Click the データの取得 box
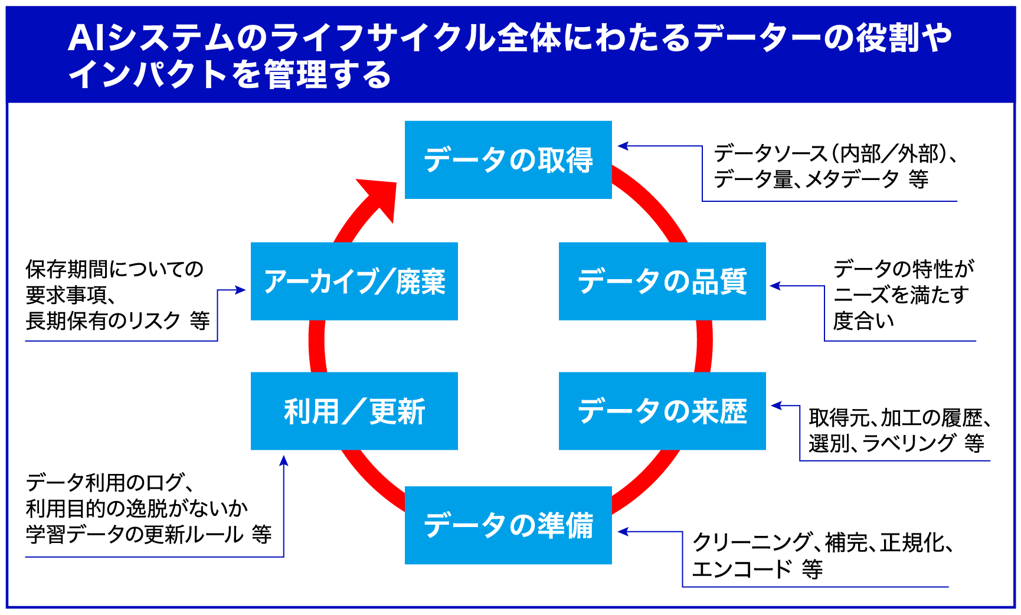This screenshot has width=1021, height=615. click(x=508, y=160)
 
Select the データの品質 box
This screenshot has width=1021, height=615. click(x=662, y=281)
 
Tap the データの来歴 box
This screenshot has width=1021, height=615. click(x=662, y=411)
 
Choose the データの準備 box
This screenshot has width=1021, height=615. click(x=508, y=525)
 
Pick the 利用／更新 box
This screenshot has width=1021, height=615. click(x=354, y=411)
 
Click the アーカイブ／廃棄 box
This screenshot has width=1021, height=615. click(x=354, y=281)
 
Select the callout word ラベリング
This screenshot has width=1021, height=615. click(x=909, y=443)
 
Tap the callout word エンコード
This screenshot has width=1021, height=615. click(x=742, y=569)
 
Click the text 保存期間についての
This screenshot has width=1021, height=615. click(x=114, y=269)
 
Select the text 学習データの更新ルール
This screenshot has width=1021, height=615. click(x=135, y=534)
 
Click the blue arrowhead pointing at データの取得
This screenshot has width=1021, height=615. click(x=623, y=146)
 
